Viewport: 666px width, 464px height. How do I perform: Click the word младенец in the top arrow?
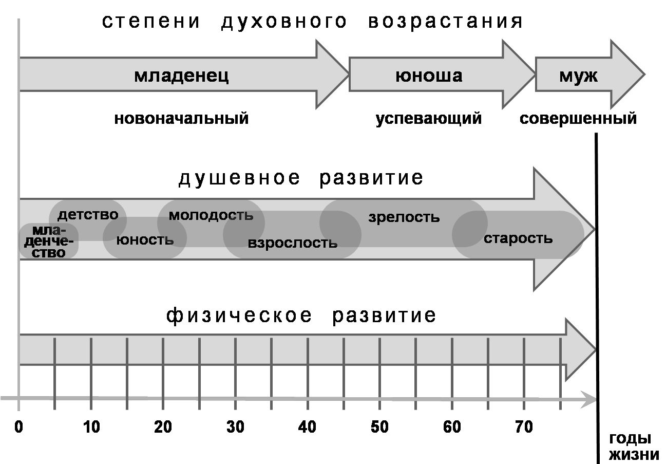tap(181, 76)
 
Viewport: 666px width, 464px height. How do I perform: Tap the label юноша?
tap(429, 76)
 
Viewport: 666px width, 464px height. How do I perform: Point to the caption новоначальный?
tap(181, 118)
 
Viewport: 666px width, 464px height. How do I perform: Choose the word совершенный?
tap(578, 118)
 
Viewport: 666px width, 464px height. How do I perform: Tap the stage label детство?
tap(88, 215)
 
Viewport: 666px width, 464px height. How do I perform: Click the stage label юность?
tap(145, 240)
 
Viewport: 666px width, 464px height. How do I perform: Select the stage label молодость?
tap(211, 215)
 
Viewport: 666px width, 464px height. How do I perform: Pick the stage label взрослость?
tap(293, 243)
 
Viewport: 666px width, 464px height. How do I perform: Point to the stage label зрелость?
tap(404, 217)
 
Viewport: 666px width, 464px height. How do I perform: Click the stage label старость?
tap(518, 238)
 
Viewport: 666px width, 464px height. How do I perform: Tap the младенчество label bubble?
tap(48, 242)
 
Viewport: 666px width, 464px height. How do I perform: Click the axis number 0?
tap(18, 427)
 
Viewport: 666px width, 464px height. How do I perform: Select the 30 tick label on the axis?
tap(235, 427)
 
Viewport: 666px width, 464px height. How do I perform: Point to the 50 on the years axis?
tap(379, 427)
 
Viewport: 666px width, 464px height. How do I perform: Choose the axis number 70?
tap(524, 427)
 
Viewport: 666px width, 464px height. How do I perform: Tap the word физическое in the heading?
tap(239, 315)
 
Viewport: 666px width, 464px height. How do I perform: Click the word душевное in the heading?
tap(239, 178)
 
